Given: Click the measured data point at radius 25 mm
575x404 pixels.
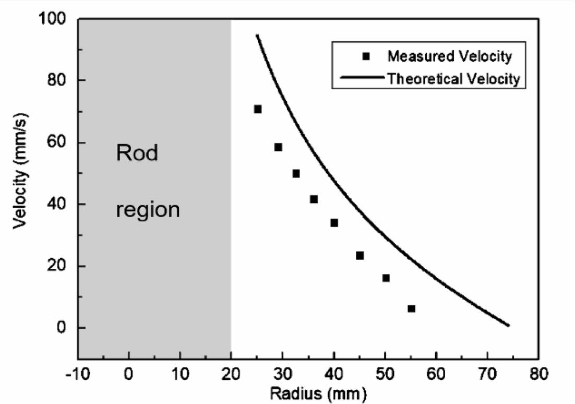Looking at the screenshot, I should coord(258,109).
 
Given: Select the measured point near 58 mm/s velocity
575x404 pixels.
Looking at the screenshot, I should coord(278,147).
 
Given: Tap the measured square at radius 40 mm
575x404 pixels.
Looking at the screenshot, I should coord(334,223).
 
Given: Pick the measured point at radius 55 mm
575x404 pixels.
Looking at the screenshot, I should coord(411,308).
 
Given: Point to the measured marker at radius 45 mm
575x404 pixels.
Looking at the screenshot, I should coord(360,255).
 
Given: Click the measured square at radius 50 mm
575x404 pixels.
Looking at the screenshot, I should coord(386,278).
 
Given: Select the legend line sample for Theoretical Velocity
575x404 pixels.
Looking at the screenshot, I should coord(362,79).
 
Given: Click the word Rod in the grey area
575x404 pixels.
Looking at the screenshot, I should coord(136,154).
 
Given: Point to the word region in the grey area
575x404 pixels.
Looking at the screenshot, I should coord(148,210).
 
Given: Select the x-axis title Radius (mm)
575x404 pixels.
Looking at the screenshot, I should coord(308,392).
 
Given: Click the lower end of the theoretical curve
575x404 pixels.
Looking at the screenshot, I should coord(508,325).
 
